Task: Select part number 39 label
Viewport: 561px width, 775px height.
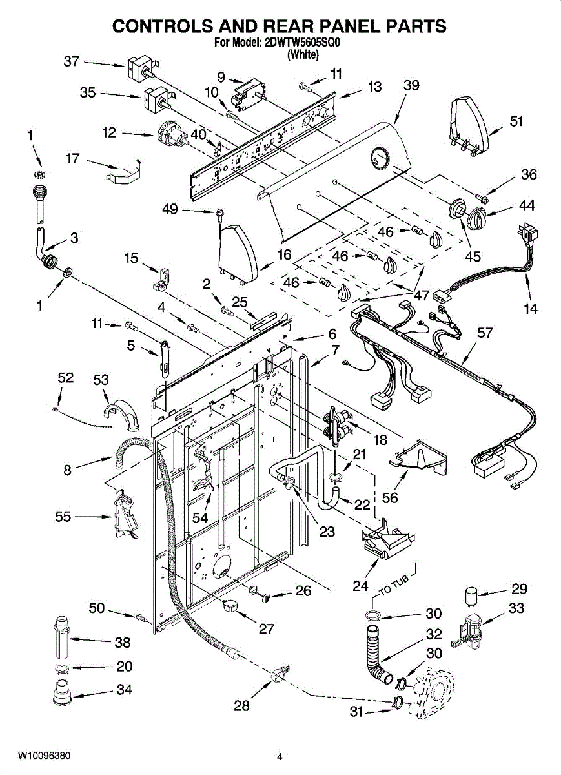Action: coord(411,85)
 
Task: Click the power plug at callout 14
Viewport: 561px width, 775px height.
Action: coord(527,234)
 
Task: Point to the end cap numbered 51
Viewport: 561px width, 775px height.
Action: coord(470,125)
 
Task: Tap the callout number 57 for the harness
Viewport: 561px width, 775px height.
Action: coord(484,333)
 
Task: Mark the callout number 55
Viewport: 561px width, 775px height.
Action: coord(63,517)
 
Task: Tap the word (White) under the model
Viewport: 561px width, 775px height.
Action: coord(303,54)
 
